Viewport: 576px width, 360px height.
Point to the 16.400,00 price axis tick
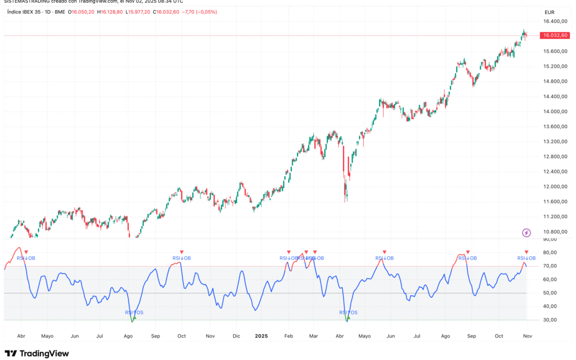[x=555, y=21]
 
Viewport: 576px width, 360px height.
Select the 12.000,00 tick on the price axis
[x=555, y=187]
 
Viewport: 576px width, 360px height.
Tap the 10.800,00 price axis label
[x=555, y=231]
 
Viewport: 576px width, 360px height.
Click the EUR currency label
[x=549, y=12]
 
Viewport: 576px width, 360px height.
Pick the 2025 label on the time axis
[x=261, y=337]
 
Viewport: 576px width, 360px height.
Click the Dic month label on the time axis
[x=237, y=337]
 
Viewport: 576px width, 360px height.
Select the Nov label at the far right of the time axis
[x=527, y=337]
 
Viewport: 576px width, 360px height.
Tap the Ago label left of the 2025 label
[x=128, y=337]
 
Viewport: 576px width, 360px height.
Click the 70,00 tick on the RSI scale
[x=550, y=266]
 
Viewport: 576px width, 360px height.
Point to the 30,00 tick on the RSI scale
[x=550, y=320]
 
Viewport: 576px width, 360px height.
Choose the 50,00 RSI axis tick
[x=550, y=293]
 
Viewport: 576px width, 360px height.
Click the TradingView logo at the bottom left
[x=37, y=353]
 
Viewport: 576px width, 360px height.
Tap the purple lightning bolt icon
[x=526, y=233]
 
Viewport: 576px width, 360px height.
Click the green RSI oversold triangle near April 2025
[x=349, y=318]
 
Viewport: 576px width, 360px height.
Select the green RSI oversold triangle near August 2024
[x=134, y=318]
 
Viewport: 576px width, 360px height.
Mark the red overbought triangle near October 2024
[x=181, y=252]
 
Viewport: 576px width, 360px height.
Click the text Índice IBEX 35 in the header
[x=26, y=12]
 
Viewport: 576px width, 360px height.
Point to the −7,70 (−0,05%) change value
[x=198, y=12]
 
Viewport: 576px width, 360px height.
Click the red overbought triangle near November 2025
[x=526, y=252]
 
